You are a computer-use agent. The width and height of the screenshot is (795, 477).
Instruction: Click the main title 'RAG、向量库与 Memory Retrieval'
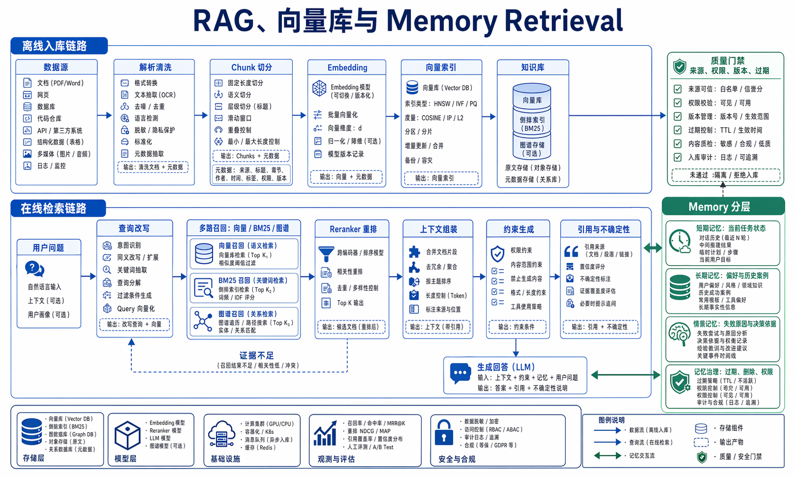(x=408, y=21)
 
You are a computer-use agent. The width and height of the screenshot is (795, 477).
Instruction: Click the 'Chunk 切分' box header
(x=251, y=67)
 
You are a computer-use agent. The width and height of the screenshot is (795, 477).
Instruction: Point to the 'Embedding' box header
(x=347, y=67)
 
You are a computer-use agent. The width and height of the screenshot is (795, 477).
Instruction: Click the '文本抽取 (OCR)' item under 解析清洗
(x=155, y=95)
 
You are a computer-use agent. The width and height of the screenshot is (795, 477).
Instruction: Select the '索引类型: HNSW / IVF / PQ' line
(x=440, y=104)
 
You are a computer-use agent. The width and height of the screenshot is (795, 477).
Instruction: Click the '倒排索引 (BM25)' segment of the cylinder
(x=532, y=124)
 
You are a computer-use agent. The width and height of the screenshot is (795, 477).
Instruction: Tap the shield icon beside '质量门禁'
(x=680, y=66)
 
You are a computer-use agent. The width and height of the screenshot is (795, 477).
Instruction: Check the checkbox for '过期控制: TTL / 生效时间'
(x=678, y=130)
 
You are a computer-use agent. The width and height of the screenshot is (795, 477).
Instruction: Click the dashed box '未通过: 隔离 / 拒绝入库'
(x=723, y=175)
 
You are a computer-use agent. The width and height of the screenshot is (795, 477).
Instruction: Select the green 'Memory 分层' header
(x=719, y=207)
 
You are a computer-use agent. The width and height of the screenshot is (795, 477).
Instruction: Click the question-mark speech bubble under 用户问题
(x=34, y=269)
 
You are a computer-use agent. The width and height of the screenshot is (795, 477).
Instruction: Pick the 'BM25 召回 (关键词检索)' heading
(x=253, y=280)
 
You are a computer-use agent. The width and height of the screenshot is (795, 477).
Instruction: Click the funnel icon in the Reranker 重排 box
(x=326, y=253)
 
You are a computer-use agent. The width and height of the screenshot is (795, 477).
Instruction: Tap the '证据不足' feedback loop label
(x=256, y=355)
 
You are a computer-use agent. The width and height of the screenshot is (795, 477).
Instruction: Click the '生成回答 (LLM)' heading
(x=506, y=367)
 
